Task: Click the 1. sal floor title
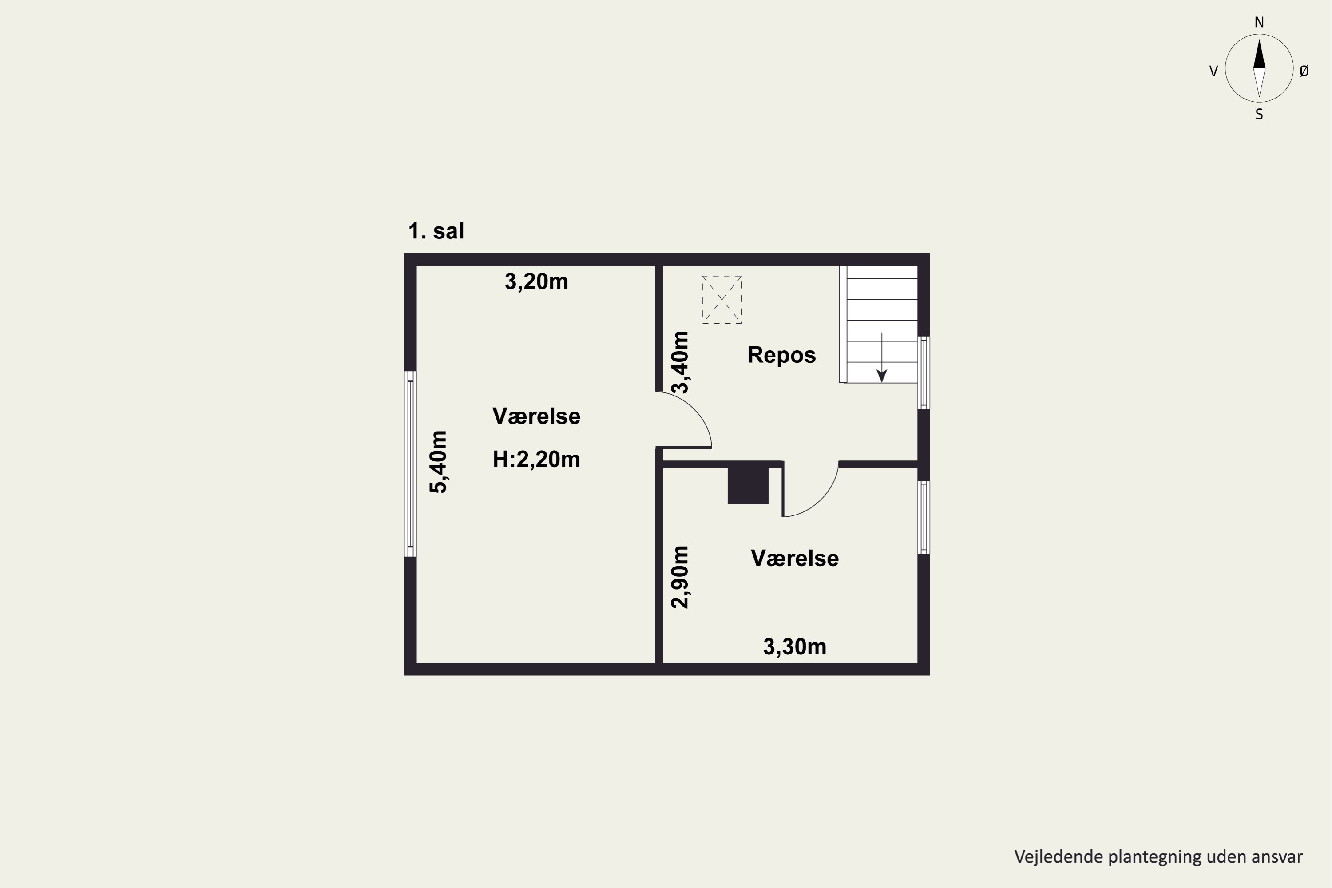(x=436, y=231)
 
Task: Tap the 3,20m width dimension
(x=536, y=281)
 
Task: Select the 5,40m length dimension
(x=438, y=462)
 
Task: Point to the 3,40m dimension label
(x=680, y=362)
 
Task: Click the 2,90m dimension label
(x=680, y=577)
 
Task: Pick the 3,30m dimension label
(x=795, y=647)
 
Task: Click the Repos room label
(x=781, y=355)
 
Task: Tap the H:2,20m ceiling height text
(x=536, y=459)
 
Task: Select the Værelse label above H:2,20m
(x=536, y=416)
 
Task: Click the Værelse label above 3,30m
(x=795, y=559)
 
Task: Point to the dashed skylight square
(x=721, y=300)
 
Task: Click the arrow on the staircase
(x=881, y=357)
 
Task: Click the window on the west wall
(x=411, y=464)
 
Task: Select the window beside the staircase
(x=923, y=373)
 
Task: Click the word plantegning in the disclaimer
(x=1154, y=857)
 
